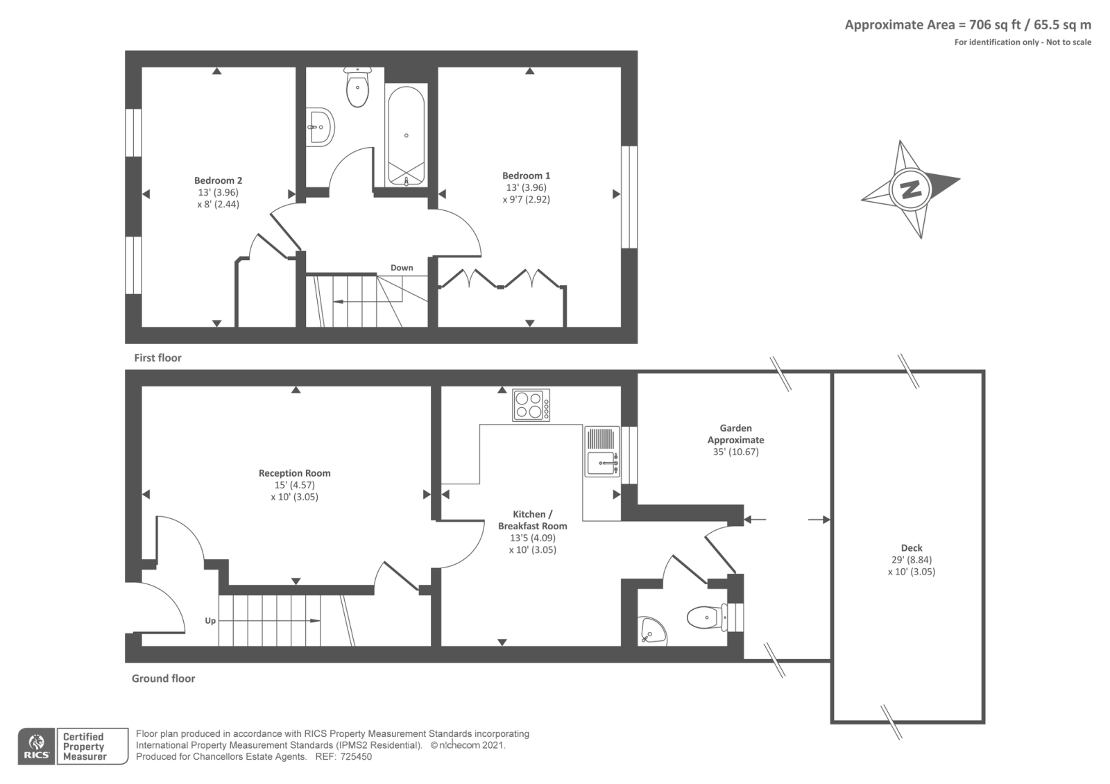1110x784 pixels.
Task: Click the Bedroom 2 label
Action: click(x=218, y=181)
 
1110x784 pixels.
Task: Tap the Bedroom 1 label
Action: click(x=527, y=176)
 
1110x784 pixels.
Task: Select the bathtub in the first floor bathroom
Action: click(x=406, y=136)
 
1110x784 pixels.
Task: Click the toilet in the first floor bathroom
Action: click(x=357, y=88)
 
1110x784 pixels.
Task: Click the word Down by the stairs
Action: click(x=402, y=268)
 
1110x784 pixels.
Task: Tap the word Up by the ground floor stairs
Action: click(x=210, y=621)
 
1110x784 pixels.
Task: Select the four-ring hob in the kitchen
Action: click(x=531, y=405)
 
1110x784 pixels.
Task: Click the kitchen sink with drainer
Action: click(x=601, y=451)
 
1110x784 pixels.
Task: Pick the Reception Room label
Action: click(x=294, y=473)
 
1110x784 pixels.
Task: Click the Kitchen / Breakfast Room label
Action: click(x=532, y=520)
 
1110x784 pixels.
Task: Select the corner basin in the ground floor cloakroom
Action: click(x=651, y=631)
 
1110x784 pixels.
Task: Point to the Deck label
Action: click(x=911, y=548)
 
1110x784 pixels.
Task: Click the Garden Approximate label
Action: click(x=735, y=434)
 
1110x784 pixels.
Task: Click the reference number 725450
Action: click(x=357, y=757)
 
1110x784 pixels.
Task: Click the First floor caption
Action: click(x=157, y=358)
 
